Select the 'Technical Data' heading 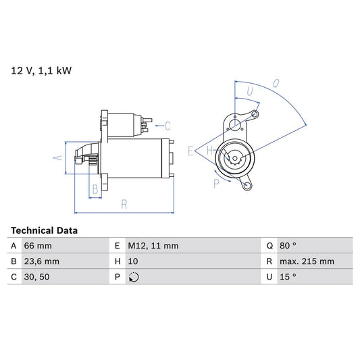coord(44,230)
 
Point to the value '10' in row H coord(132,261)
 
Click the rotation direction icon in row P coord(133,277)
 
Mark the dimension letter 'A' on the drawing coord(57,157)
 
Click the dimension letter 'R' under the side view coord(124,203)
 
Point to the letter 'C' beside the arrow coord(168,126)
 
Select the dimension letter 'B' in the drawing coord(95,190)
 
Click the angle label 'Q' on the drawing coord(276,84)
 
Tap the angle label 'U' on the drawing coord(250,91)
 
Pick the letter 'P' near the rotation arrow coord(217,182)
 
